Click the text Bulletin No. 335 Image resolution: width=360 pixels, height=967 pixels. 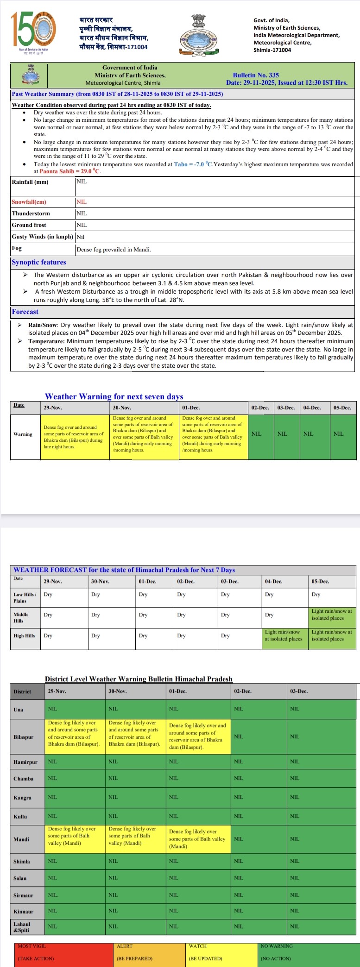pyautogui.click(x=256, y=75)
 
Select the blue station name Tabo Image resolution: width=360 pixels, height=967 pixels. pyautogui.click(x=181, y=164)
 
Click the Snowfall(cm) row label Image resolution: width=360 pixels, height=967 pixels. pyautogui.click(x=29, y=202)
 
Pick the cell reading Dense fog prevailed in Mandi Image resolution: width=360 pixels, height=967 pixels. pyautogui.click(x=114, y=250)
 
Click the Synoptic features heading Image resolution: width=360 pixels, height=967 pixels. pyautogui.click(x=39, y=262)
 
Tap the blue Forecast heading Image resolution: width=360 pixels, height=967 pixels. pyautogui.click(x=25, y=312)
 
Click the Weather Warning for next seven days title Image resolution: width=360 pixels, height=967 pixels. pyautogui.click(x=114, y=396)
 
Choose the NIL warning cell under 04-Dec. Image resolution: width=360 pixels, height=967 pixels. pyautogui.click(x=308, y=434)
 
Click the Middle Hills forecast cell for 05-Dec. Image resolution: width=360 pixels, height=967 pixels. pyautogui.click(x=332, y=615)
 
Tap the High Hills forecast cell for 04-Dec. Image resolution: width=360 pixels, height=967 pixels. pyautogui.click(x=284, y=635)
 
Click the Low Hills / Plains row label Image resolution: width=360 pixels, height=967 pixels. pyautogui.click(x=25, y=597)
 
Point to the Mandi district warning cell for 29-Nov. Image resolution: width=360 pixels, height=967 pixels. pyautogui.click(x=75, y=836)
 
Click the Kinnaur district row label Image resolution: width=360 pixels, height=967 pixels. pyautogui.click(x=24, y=911)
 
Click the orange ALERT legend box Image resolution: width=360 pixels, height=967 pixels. pyautogui.click(x=150, y=952)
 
